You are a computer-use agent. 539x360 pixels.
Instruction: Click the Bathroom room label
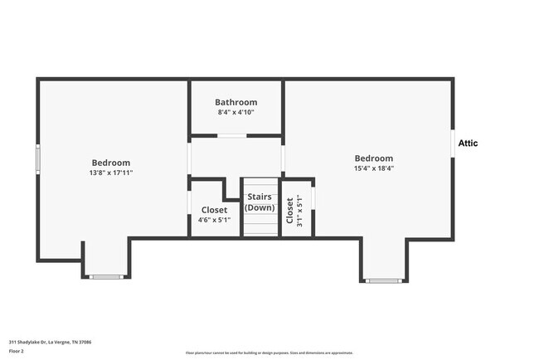coord(236,102)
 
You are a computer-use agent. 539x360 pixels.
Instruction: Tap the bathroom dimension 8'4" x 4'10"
coord(236,112)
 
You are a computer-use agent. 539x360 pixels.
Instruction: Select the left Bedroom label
coord(110,163)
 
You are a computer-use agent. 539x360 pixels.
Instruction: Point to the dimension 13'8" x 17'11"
coord(110,173)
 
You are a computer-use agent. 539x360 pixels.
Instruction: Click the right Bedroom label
coord(373,158)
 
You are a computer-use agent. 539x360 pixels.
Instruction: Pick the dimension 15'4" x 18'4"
coord(373,168)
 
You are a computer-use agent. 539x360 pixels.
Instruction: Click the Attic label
coord(469,143)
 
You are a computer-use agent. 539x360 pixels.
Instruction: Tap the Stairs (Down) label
coord(260,202)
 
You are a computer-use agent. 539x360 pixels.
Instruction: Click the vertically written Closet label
coord(289,211)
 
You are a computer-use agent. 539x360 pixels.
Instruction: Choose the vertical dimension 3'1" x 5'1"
coord(299,211)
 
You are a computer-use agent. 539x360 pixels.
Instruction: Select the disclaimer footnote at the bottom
coord(269,353)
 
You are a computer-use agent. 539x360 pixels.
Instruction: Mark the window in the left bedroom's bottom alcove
coord(105,276)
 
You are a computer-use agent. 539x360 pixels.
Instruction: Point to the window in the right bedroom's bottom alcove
coord(383,280)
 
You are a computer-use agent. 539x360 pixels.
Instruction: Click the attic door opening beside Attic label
coord(453,143)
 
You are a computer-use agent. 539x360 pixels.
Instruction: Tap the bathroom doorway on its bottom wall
coord(236,135)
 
